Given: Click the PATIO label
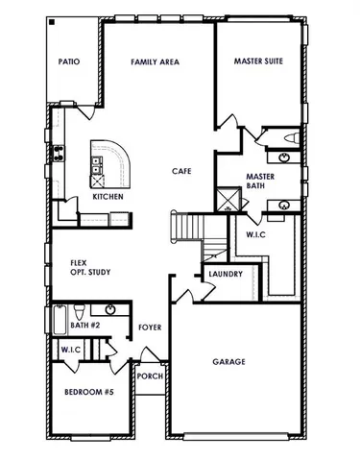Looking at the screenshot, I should point(69,61).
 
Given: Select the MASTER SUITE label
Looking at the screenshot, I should point(258,61).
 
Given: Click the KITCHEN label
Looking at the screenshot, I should point(107,197).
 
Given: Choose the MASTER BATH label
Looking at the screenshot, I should point(261,182).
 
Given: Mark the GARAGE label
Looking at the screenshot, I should point(228,362).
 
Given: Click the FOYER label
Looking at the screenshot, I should point(149,328).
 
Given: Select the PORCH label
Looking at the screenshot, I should point(149,376).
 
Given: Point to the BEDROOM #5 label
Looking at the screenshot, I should point(87,394).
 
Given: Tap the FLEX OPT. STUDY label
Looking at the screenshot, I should point(90,267).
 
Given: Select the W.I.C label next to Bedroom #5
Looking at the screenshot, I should point(68,351).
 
